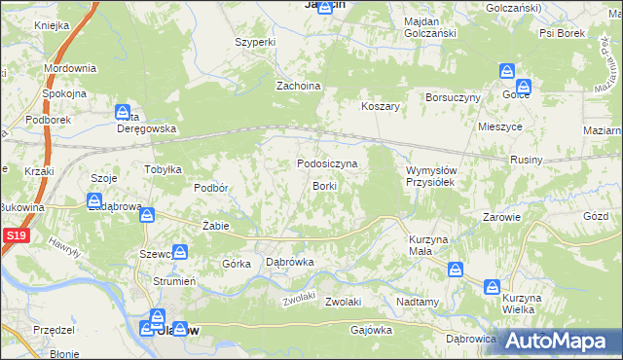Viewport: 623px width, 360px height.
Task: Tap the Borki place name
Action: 324,185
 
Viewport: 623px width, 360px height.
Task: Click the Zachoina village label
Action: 299,86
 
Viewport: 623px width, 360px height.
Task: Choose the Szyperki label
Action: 257,43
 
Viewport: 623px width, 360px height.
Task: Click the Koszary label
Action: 382,106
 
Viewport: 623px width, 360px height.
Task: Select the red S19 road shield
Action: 14,235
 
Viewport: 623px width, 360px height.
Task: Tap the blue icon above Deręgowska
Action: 123,112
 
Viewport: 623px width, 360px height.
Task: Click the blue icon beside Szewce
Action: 179,252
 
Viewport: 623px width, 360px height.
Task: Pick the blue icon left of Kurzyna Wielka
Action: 492,286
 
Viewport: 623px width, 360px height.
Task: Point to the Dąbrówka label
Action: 290,262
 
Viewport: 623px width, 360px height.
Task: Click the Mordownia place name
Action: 70,68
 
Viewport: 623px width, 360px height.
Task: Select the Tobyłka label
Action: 164,169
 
